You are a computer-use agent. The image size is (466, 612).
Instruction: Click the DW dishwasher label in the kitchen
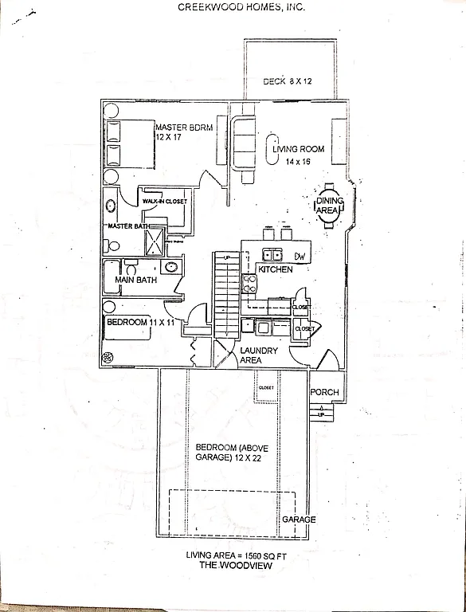[300, 256]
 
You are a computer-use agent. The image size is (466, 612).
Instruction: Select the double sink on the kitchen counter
[273, 255]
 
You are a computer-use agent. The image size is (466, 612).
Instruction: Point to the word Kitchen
[275, 270]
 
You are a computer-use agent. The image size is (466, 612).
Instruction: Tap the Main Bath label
[135, 280]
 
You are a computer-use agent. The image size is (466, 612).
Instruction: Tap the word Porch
[324, 392]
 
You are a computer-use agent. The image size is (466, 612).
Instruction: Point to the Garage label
[299, 520]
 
